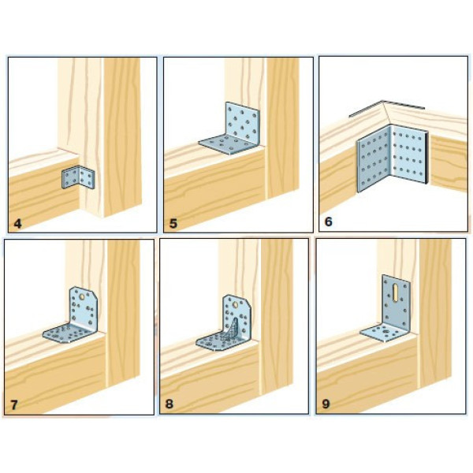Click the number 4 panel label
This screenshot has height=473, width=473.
[18, 224]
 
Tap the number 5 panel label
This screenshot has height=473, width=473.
[173, 224]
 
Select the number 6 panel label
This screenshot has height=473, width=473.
[329, 222]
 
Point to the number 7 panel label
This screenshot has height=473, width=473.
[14, 405]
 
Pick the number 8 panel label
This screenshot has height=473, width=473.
[169, 404]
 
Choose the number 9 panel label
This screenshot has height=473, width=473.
[326, 404]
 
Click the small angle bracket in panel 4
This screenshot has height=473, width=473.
[78, 178]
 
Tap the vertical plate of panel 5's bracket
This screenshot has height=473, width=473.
[243, 122]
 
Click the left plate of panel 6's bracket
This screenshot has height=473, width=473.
[374, 158]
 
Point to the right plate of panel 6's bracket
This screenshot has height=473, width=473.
[408, 155]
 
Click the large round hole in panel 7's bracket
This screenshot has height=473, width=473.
[82, 297]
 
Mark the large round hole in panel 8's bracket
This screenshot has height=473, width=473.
[236, 305]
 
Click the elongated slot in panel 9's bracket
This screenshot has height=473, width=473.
[395, 292]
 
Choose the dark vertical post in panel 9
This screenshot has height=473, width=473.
[435, 314]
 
